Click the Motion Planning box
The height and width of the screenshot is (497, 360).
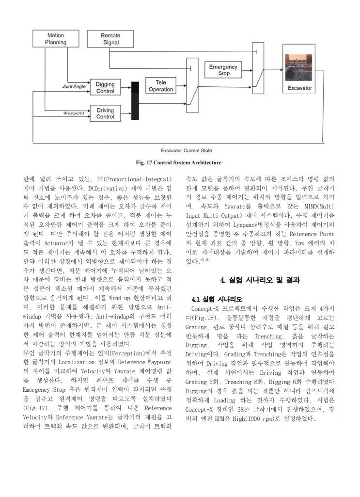[x=56, y=39]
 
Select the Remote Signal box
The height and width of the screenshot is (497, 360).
[x=110, y=39]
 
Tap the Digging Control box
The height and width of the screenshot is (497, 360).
[x=105, y=88]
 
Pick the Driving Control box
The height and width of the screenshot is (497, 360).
[x=105, y=113]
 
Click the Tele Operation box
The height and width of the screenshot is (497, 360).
[x=160, y=86]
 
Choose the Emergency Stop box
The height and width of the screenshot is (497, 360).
[x=223, y=70]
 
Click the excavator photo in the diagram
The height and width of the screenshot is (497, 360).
[x=300, y=68]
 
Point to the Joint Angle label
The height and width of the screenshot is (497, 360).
[x=74, y=87]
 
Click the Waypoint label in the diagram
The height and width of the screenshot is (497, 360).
[x=74, y=113]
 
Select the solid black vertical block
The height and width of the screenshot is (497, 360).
[x=135, y=101]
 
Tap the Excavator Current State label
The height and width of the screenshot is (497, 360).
[x=187, y=150]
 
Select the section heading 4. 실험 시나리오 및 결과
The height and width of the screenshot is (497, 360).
[x=260, y=280]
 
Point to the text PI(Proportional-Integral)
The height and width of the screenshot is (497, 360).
[x=138, y=179]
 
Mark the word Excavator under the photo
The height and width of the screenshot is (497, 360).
[x=300, y=88]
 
